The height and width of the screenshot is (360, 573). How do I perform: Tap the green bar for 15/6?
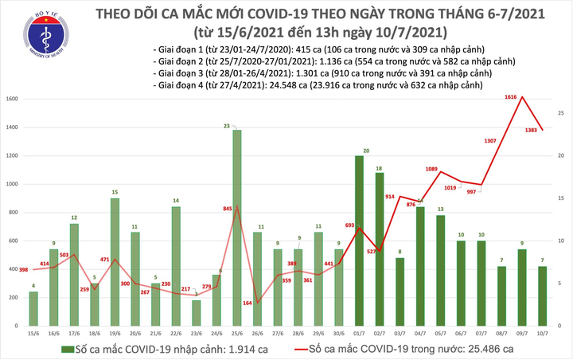(33, 306)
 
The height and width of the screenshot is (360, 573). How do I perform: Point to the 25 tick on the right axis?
(561, 114)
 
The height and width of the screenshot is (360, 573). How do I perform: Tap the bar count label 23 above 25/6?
(228, 126)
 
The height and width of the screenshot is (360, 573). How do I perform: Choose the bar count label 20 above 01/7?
(365, 151)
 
